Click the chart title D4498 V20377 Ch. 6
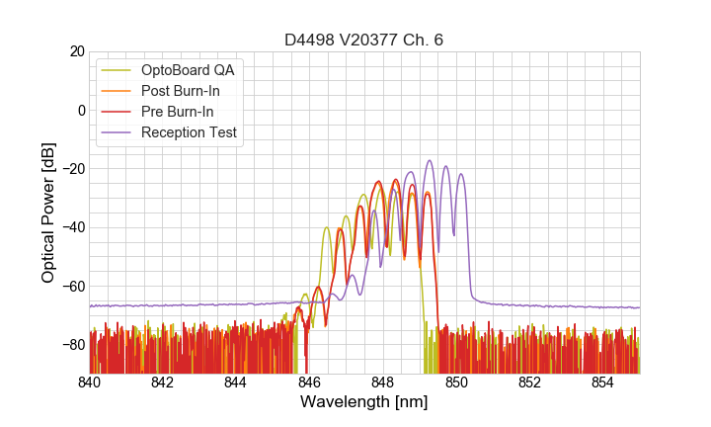363,40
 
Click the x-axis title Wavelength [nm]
363,402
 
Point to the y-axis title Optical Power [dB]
48,212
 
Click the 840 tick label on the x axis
90,382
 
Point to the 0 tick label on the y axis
81,110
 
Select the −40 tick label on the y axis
72,227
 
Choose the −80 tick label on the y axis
72,345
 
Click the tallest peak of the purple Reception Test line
430,161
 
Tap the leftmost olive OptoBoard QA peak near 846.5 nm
327,228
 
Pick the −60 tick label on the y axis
72,287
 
